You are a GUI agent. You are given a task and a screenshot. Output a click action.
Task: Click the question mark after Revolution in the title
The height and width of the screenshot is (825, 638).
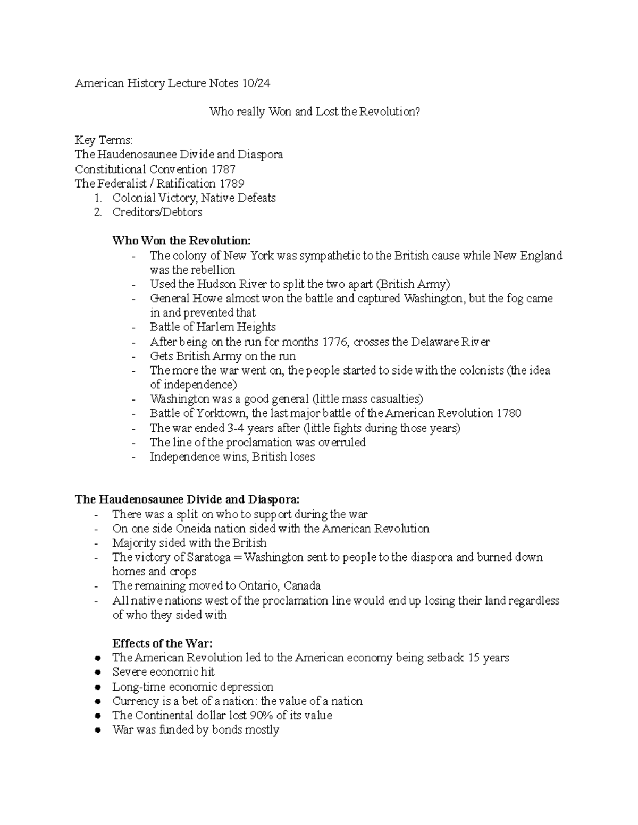click(x=417, y=112)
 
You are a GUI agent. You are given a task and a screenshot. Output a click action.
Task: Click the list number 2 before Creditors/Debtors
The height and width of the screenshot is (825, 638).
click(x=97, y=212)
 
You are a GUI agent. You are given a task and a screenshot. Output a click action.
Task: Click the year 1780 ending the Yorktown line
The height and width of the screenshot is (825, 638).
click(x=509, y=413)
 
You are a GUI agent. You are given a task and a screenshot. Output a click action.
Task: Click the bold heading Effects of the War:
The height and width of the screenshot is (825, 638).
click(x=162, y=643)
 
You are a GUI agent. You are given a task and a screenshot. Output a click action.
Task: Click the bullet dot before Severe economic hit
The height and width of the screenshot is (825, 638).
click(x=97, y=673)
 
